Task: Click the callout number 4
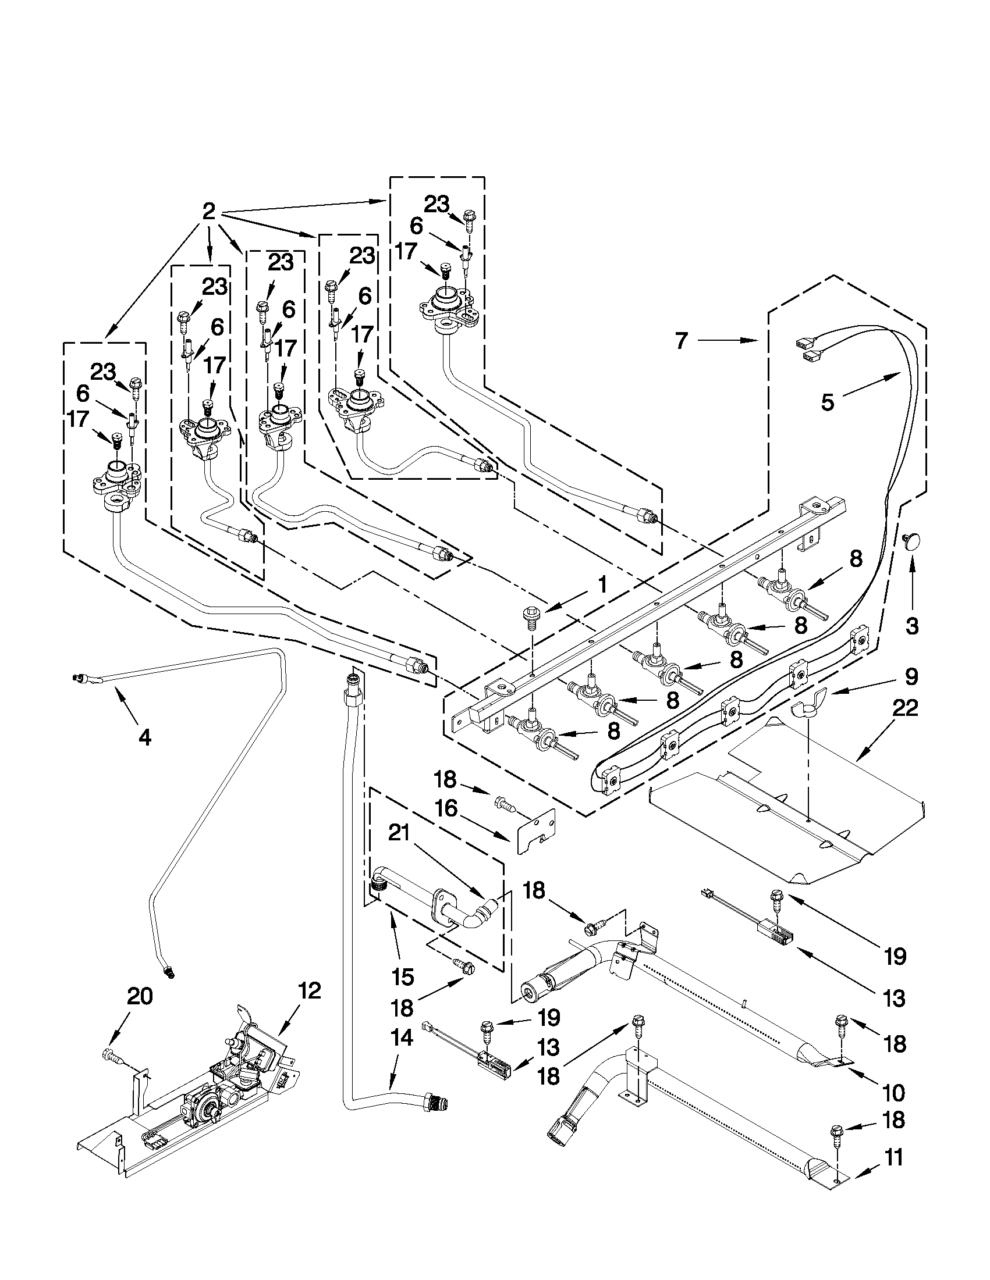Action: tap(144, 737)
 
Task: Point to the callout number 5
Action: tap(827, 402)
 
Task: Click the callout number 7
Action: tap(680, 341)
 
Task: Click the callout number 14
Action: tap(400, 1038)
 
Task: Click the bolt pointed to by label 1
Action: tap(530, 618)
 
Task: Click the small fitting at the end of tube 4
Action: tap(78, 678)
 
